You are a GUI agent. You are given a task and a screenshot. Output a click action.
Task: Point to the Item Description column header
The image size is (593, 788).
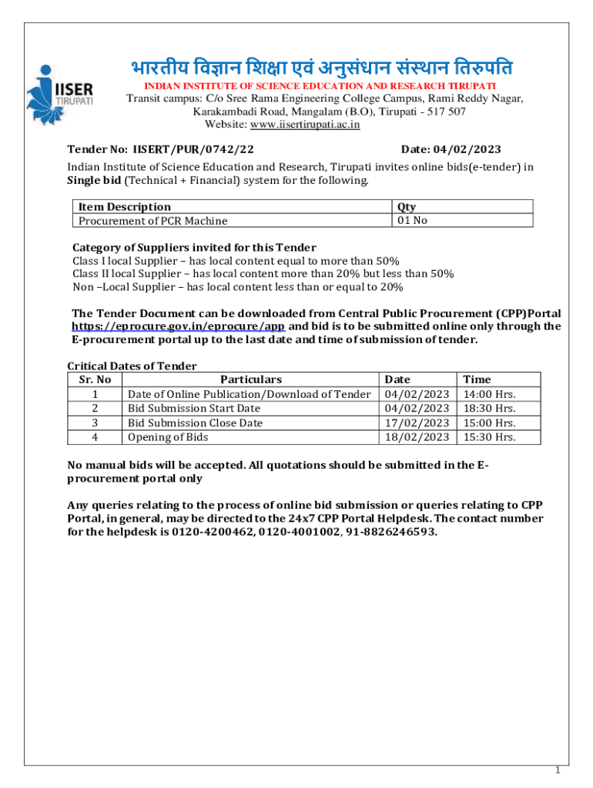click(x=124, y=206)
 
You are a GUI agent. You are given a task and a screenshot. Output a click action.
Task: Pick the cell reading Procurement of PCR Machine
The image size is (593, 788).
click(x=152, y=221)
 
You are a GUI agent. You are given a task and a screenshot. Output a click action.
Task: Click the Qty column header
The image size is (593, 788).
click(x=407, y=206)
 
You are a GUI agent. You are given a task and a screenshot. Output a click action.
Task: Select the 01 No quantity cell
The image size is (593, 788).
click(x=412, y=221)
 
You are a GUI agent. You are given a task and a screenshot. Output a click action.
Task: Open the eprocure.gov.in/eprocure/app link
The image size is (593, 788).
click(x=178, y=326)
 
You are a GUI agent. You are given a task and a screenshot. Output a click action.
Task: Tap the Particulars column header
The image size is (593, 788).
click(x=251, y=379)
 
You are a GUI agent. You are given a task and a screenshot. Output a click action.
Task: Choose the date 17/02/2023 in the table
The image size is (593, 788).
click(x=417, y=422)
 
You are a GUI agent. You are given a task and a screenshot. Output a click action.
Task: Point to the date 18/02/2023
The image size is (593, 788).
click(x=417, y=437)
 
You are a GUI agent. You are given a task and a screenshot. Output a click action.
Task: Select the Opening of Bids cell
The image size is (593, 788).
click(x=168, y=437)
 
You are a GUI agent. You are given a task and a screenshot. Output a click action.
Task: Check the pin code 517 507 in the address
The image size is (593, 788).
click(x=441, y=112)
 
